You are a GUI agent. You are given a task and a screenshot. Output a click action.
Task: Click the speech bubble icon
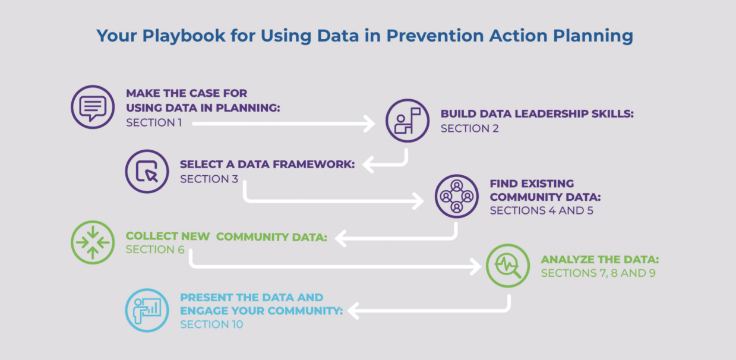point(93,107)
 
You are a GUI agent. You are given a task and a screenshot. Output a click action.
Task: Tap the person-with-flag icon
point(408,121)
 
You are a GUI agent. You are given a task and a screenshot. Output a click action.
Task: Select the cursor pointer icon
point(147,172)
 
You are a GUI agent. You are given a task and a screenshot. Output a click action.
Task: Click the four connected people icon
point(457,196)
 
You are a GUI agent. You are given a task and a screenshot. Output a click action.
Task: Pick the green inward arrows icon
point(93,242)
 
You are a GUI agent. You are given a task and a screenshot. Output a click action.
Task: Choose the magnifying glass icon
point(508,266)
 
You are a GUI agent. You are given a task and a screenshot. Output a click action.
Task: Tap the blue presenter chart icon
point(147,311)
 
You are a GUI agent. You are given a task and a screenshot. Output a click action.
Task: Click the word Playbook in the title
point(184,36)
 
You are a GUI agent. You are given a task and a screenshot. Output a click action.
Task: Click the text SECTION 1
point(154,123)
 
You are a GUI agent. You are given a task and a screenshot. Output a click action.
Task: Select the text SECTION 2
point(469,128)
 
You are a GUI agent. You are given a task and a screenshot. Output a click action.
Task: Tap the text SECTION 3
point(209,179)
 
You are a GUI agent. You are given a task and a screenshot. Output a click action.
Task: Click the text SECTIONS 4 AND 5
point(542,210)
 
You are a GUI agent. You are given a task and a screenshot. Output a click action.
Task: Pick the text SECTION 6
point(155,250)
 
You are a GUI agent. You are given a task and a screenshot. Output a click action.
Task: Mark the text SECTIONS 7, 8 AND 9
point(598,273)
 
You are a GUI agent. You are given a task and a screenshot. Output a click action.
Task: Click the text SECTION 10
point(211,324)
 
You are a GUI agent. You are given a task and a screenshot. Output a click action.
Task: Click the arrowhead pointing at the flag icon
point(370,124)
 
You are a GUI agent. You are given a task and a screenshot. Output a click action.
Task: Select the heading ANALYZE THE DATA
point(600,260)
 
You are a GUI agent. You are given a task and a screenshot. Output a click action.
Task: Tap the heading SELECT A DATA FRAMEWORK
point(267,164)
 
